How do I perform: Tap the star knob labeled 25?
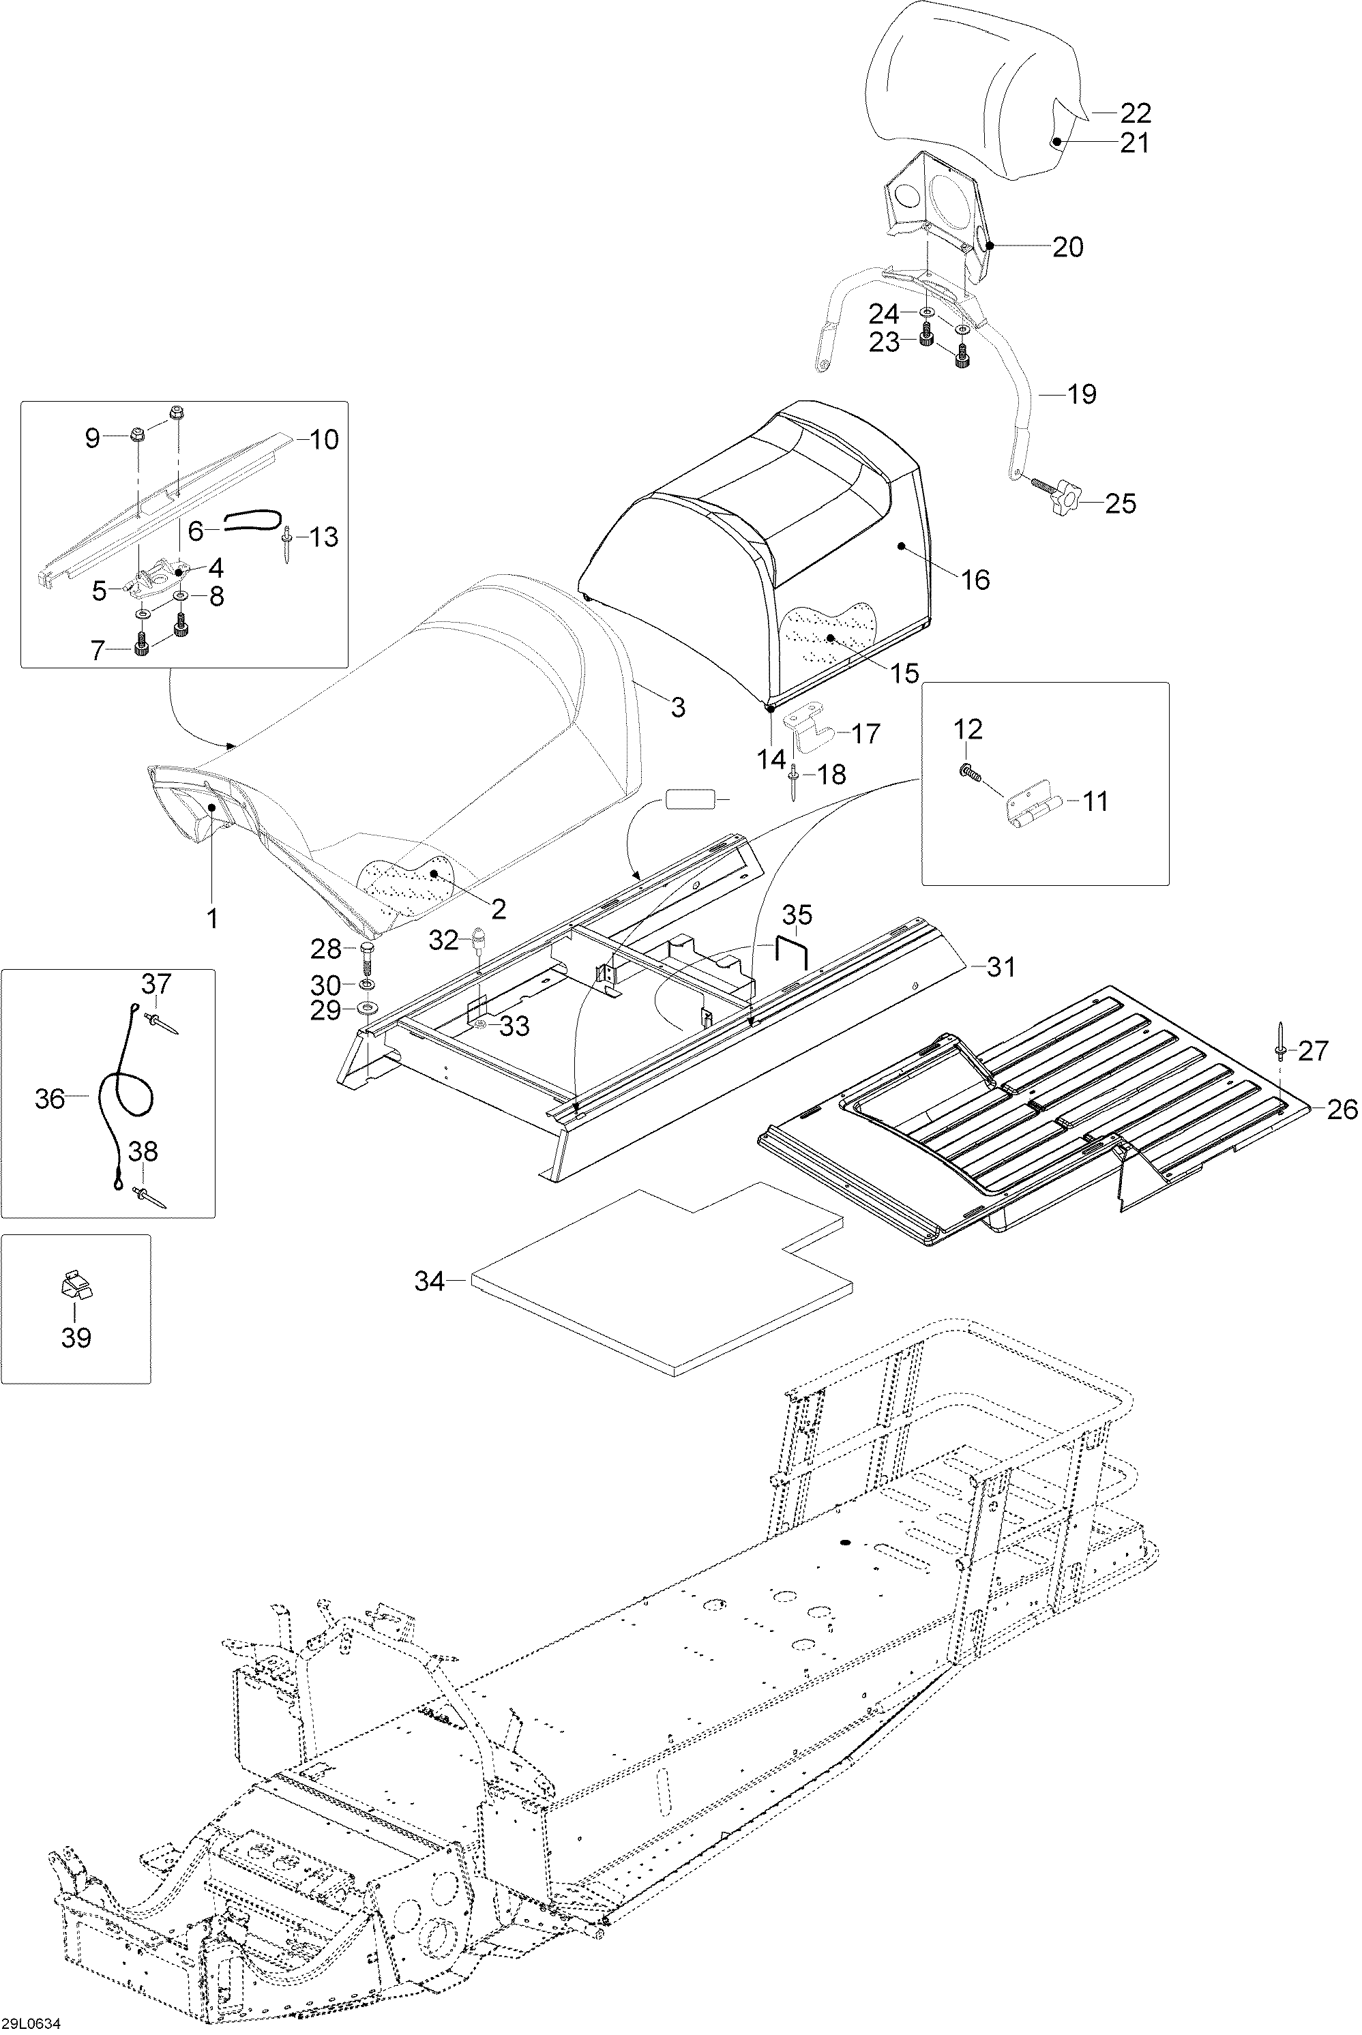(1065, 499)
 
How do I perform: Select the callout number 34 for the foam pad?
(429, 1281)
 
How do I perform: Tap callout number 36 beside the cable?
(50, 1099)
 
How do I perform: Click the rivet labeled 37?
(162, 1022)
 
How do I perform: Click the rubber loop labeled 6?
(252, 521)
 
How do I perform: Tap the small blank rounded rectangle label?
(691, 799)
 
